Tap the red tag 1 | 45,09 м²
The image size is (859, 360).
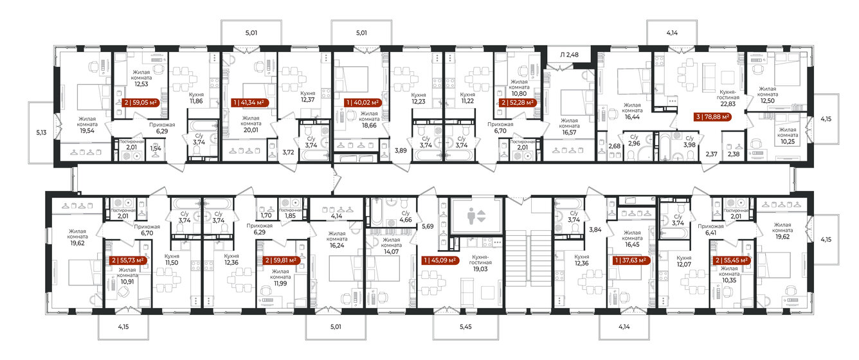coord(440,260)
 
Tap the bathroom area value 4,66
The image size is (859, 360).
coord(405,219)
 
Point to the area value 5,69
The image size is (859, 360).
coord(428,226)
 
